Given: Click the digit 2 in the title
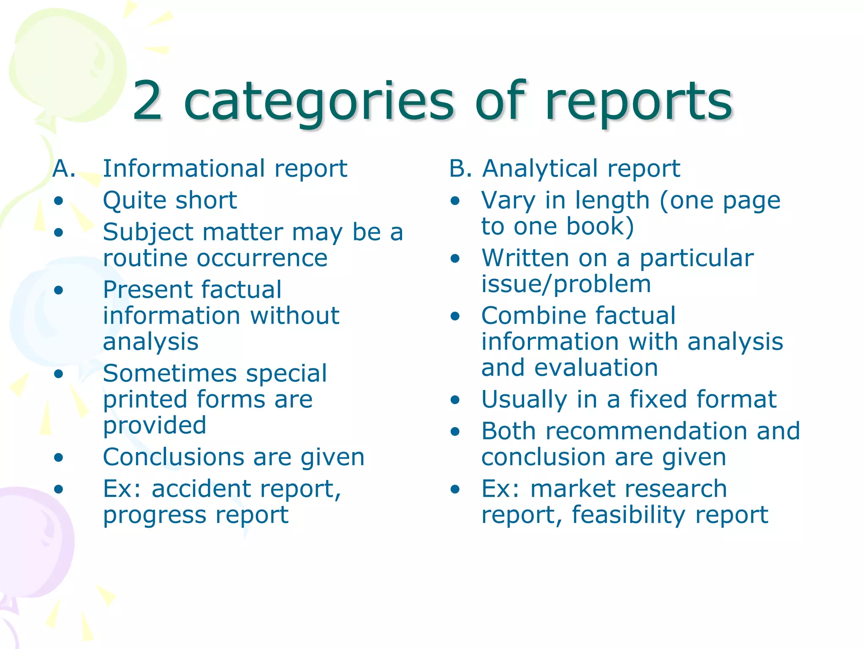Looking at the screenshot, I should (147, 101).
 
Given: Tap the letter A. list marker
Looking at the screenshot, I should (64, 169).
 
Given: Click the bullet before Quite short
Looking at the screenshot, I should (59, 200).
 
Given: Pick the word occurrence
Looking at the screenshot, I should (262, 258).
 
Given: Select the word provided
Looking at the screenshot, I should (155, 425).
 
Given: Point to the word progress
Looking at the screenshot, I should (154, 515).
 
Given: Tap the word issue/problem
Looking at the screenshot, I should (566, 284).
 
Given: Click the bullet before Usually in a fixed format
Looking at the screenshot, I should (455, 400).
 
